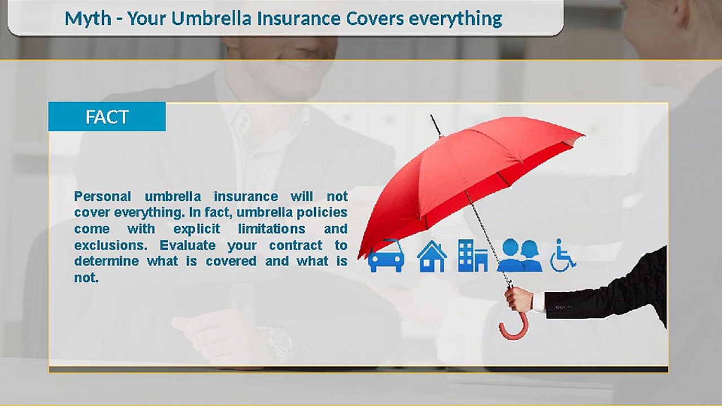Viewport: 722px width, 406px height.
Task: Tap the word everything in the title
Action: click(x=455, y=19)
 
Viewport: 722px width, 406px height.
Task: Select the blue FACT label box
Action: click(x=107, y=117)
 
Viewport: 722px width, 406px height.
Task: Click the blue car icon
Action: click(x=386, y=257)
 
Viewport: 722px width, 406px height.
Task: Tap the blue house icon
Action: click(x=432, y=257)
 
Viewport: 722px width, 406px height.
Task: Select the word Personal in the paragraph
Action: click(x=103, y=197)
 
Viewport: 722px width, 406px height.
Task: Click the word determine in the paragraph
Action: click(x=106, y=262)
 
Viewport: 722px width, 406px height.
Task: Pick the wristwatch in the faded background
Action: click(x=280, y=341)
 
